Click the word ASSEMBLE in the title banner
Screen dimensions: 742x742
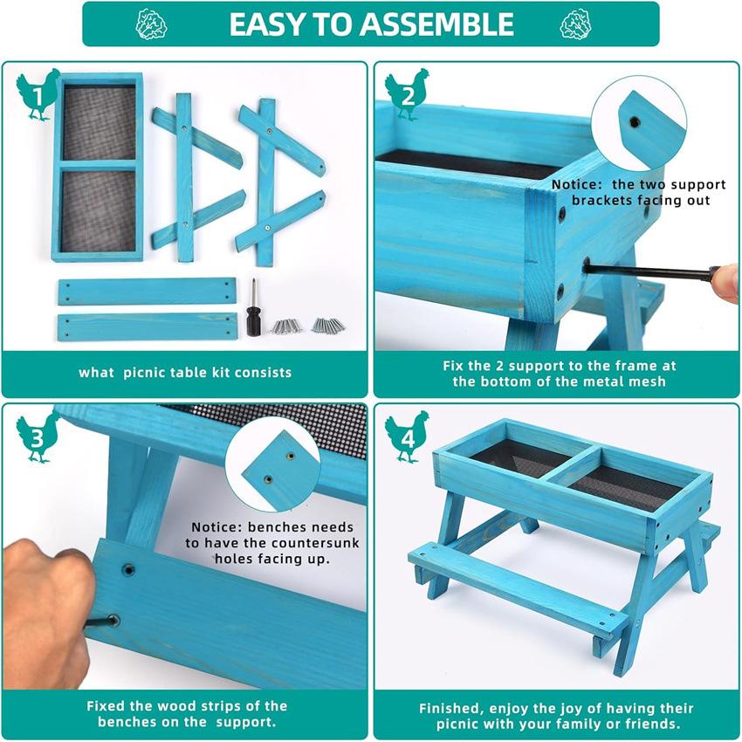[x=436, y=24]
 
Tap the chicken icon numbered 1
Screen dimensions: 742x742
[x=38, y=94]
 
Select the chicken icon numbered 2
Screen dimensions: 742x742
[x=407, y=94]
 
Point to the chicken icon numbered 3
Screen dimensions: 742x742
[x=38, y=436]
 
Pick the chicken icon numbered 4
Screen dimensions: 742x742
[x=407, y=436]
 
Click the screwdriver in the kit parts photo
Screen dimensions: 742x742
[x=254, y=307]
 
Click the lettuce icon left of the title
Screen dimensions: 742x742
[x=151, y=24]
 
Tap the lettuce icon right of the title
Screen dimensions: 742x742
[x=575, y=24]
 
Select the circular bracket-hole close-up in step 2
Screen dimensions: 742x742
[x=638, y=123]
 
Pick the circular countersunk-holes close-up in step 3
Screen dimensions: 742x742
[x=273, y=464]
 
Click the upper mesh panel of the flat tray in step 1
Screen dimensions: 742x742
[x=100, y=122]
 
